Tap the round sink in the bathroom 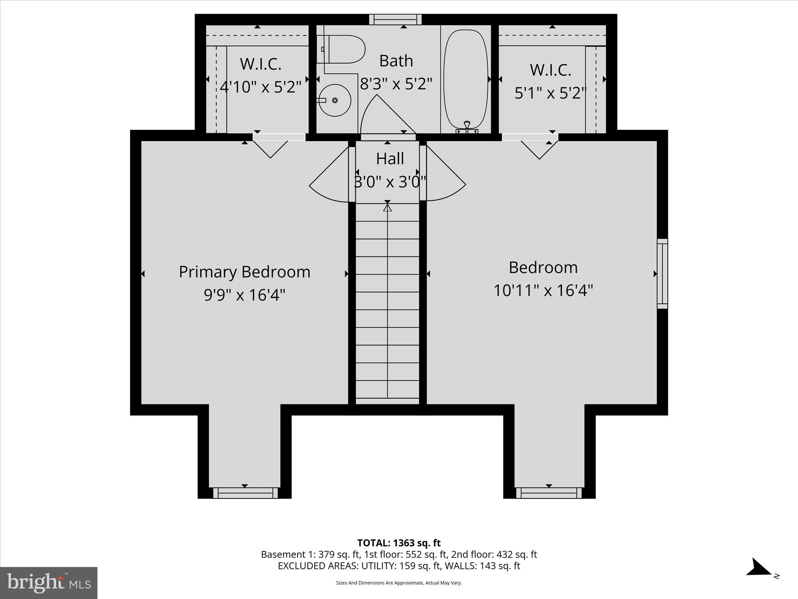point(335,100)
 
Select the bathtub point(466,78)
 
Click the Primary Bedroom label point(244,272)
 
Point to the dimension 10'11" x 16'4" point(543,291)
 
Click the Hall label point(390,159)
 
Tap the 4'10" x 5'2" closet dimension point(261,87)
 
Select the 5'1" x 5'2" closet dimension point(551,93)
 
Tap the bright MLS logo point(49,583)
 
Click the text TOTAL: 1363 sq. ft point(399,543)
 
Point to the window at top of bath point(395,19)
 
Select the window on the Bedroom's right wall point(662,274)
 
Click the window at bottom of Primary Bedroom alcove point(245,493)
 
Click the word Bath point(396,61)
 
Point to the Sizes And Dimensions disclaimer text point(399,583)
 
